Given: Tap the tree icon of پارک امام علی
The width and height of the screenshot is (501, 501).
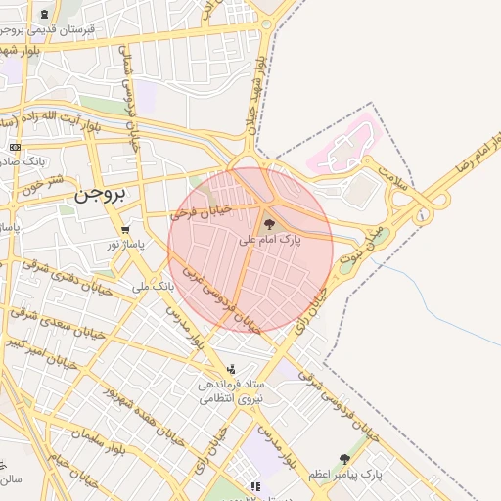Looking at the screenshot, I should tap(270, 224).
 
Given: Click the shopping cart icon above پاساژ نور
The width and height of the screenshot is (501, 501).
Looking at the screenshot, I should tap(124, 229).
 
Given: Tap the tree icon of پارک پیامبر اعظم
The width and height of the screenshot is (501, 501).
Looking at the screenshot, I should tap(343, 458).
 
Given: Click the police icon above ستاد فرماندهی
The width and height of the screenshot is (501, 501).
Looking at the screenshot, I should tap(231, 369).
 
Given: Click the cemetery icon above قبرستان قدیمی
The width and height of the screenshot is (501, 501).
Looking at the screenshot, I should tap(47, 15).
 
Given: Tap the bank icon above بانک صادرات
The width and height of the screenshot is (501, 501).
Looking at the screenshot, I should tap(14, 147).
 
